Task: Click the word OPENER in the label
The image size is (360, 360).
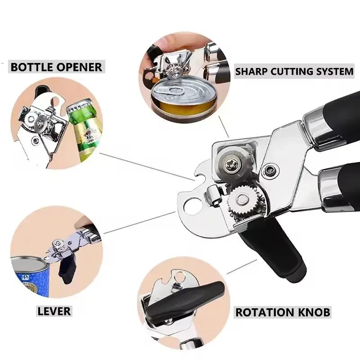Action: tap(80, 67)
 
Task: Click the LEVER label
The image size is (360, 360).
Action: tap(54, 311)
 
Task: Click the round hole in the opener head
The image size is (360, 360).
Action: tap(193, 207)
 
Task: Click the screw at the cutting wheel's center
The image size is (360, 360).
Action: tap(231, 164)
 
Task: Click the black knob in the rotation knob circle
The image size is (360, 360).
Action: tap(184, 298)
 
